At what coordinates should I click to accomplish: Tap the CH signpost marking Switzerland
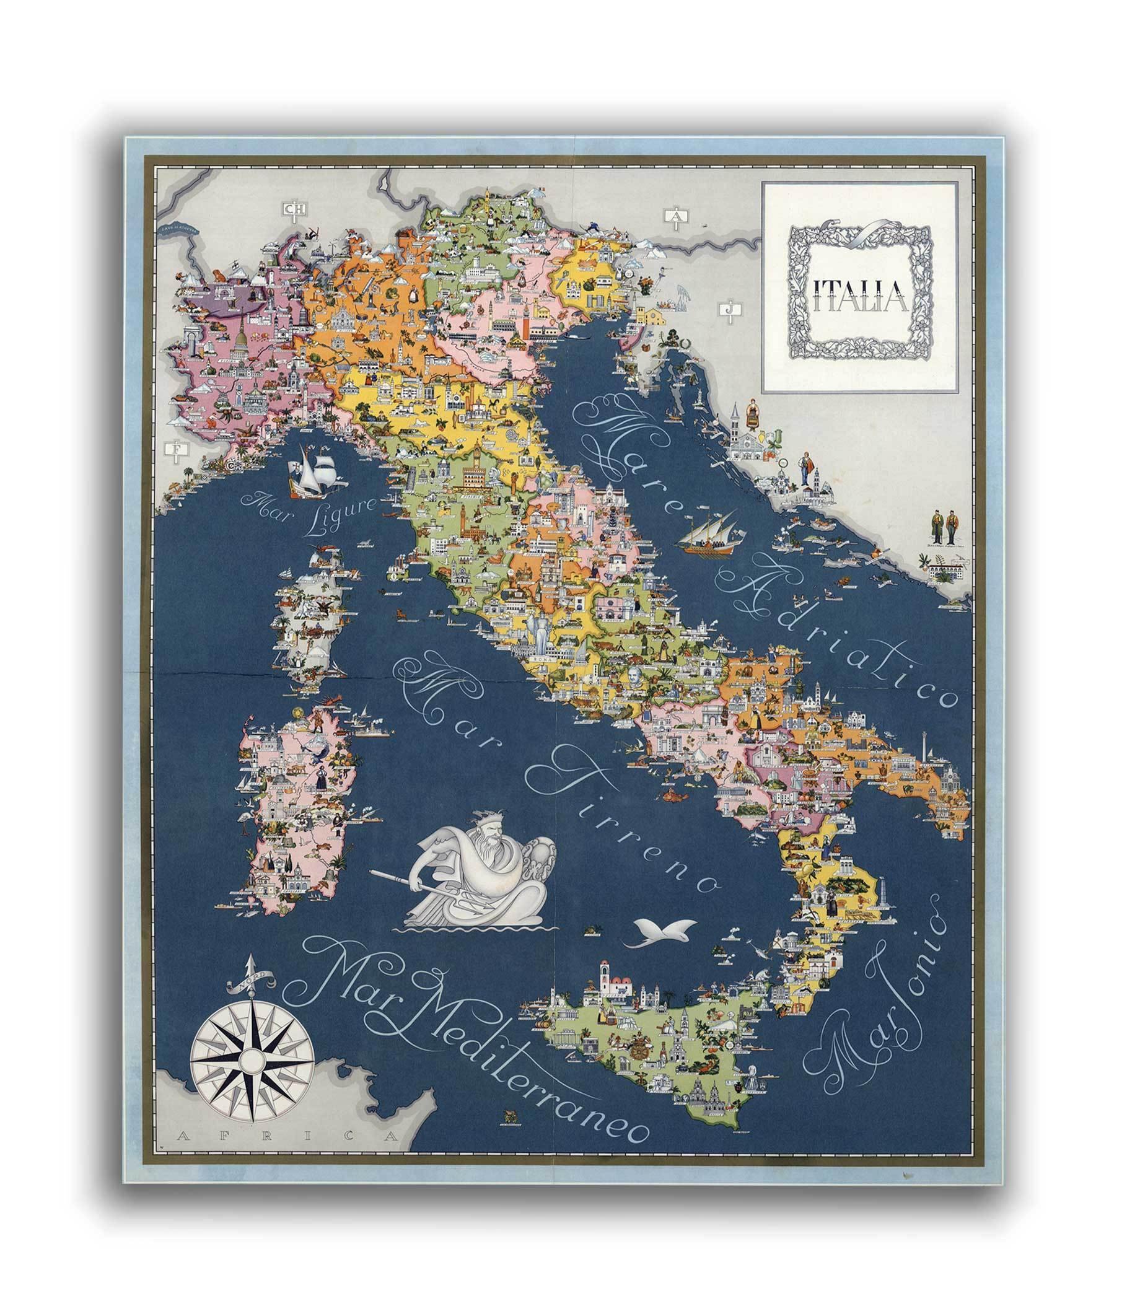tap(293, 209)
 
